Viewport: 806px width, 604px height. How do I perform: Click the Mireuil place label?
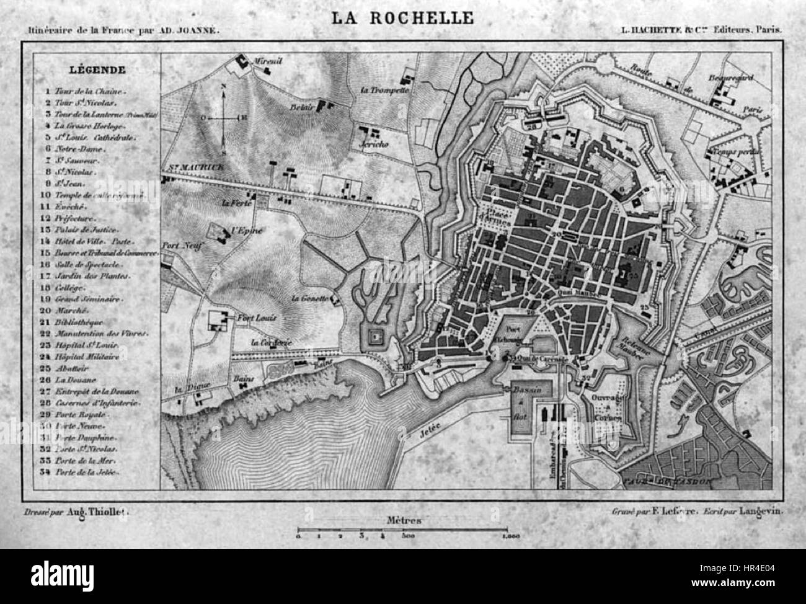268,61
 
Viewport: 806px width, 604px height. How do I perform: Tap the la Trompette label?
384,89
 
